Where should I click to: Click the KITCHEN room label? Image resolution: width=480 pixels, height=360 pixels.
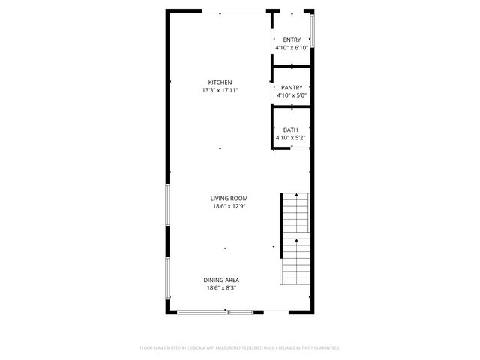point(220,82)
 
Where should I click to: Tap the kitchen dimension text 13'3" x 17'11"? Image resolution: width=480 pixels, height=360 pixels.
point(220,91)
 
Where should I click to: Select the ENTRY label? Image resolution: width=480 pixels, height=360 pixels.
point(291,40)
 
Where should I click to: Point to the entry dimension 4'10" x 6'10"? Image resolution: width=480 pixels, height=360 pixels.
point(291,48)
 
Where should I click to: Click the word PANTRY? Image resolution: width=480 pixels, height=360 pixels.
point(291,88)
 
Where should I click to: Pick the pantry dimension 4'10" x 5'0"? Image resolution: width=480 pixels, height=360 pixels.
point(291,96)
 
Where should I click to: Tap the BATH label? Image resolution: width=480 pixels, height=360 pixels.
point(291,130)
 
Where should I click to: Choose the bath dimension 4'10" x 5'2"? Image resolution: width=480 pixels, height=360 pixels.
point(291,138)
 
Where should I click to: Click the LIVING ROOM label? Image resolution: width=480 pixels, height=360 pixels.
point(229,199)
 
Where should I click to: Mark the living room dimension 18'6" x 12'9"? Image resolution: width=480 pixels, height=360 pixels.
point(229,207)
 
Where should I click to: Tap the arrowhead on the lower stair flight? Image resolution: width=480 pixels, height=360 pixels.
point(297,241)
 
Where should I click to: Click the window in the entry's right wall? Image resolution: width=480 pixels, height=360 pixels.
point(312,29)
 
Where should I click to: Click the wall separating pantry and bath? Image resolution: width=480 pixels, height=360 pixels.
point(291,106)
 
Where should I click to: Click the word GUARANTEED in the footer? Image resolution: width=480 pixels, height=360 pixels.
point(323,348)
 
